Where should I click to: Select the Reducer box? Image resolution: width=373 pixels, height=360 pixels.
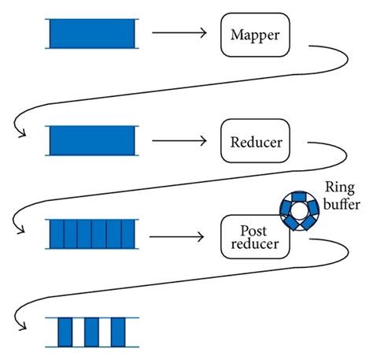pyautogui.click(x=256, y=142)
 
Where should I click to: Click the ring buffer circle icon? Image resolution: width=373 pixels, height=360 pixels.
pyautogui.click(x=300, y=211)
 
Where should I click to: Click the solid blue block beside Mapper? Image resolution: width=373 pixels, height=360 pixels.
pyautogui.click(x=92, y=34)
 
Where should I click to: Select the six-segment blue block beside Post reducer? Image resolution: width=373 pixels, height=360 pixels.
pyautogui.click(x=92, y=235)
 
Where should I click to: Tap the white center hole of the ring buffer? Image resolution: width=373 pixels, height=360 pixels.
pyautogui.click(x=300, y=211)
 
